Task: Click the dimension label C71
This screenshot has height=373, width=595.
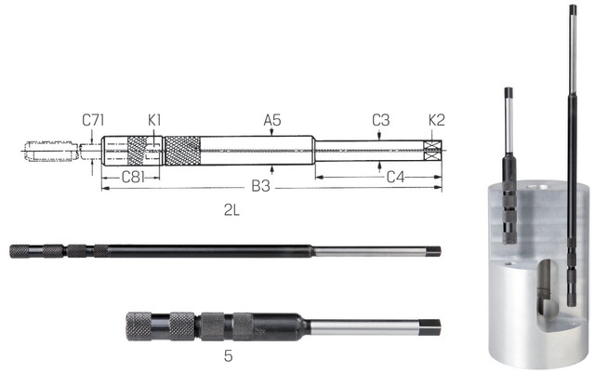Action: coord(91,120)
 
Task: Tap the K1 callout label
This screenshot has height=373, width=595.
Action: coord(154,120)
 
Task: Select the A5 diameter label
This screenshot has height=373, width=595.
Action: coord(271,120)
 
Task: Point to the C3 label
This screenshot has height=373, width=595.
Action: coord(380,120)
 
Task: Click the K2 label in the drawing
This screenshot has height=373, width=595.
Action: coord(436,120)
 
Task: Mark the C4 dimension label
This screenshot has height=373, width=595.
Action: coord(394,175)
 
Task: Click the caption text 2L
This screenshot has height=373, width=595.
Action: coord(231,211)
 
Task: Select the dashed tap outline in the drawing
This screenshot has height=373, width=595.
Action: coord(51,150)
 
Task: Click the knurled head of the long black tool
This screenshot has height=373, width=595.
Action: coord(34,250)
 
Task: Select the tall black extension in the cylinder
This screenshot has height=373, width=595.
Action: coord(565,140)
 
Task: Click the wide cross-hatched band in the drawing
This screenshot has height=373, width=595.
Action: coord(182,148)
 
